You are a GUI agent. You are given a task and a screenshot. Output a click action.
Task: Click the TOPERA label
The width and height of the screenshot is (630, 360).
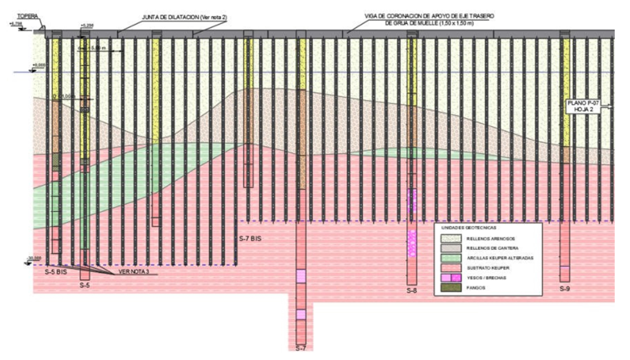[x=28, y=17]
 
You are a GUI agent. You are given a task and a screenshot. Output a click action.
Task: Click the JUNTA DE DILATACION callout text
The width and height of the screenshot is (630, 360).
[x=184, y=17]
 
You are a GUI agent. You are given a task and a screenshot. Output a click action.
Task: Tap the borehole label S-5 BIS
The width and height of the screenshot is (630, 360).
[x=56, y=272]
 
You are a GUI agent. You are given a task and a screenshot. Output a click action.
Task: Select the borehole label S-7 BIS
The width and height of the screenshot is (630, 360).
[x=250, y=239]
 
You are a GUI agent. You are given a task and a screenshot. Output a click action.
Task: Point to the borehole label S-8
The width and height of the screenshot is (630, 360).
[x=412, y=291]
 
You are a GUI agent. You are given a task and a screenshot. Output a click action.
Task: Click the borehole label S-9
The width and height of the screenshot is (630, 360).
[x=565, y=288]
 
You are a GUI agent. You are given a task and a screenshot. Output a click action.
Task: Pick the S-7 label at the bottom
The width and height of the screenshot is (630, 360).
[x=301, y=348]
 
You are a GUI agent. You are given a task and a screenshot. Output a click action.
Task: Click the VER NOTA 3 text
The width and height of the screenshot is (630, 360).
[x=134, y=272]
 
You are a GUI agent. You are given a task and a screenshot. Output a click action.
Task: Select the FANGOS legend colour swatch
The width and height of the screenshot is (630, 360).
[x=451, y=288]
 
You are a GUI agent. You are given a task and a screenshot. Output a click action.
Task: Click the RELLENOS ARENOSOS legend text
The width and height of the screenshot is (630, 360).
[x=490, y=239]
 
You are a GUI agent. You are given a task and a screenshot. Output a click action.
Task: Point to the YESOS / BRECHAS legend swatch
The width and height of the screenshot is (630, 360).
[x=451, y=278]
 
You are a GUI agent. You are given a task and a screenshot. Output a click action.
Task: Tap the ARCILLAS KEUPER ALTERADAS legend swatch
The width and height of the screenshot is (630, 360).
[x=451, y=258]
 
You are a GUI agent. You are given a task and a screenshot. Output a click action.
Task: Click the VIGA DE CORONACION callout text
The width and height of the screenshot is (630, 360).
[x=429, y=20]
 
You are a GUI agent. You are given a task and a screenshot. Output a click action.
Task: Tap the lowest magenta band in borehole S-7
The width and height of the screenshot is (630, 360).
[x=301, y=314]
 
